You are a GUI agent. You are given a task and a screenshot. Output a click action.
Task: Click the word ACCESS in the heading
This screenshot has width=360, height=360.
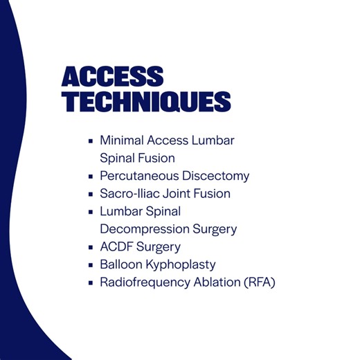112,76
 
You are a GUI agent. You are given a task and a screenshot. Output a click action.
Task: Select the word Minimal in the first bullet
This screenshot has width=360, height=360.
120,141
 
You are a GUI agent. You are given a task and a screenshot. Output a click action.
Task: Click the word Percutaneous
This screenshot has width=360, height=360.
136,177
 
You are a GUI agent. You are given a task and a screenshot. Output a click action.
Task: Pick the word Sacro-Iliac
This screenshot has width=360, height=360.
129,194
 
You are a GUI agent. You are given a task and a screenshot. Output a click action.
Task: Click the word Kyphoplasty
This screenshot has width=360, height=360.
181,265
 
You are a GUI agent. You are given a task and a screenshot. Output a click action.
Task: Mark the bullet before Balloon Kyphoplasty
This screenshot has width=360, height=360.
91,265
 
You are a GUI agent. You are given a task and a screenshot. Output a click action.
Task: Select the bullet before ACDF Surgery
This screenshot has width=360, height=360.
91,247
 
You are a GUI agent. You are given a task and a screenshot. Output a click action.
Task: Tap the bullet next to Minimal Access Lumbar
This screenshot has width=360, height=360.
91,141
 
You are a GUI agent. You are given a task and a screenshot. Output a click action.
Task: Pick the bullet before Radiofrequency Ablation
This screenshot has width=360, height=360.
91,282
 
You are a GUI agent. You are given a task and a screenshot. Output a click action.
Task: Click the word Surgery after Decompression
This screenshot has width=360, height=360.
215,229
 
